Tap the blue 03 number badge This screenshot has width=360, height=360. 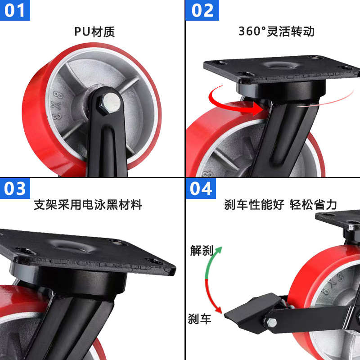(x=15, y=188)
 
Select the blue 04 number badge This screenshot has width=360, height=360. (x=201, y=188)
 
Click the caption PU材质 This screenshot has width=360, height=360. (x=94, y=31)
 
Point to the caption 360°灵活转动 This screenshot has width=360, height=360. (x=276, y=31)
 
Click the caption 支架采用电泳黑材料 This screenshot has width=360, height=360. (x=88, y=205)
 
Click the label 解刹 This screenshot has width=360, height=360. (x=201, y=251)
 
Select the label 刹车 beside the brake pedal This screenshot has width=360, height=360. (x=199, y=319)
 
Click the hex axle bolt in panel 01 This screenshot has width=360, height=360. (x=110, y=102)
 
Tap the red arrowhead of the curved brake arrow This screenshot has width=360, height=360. (x=219, y=310)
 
